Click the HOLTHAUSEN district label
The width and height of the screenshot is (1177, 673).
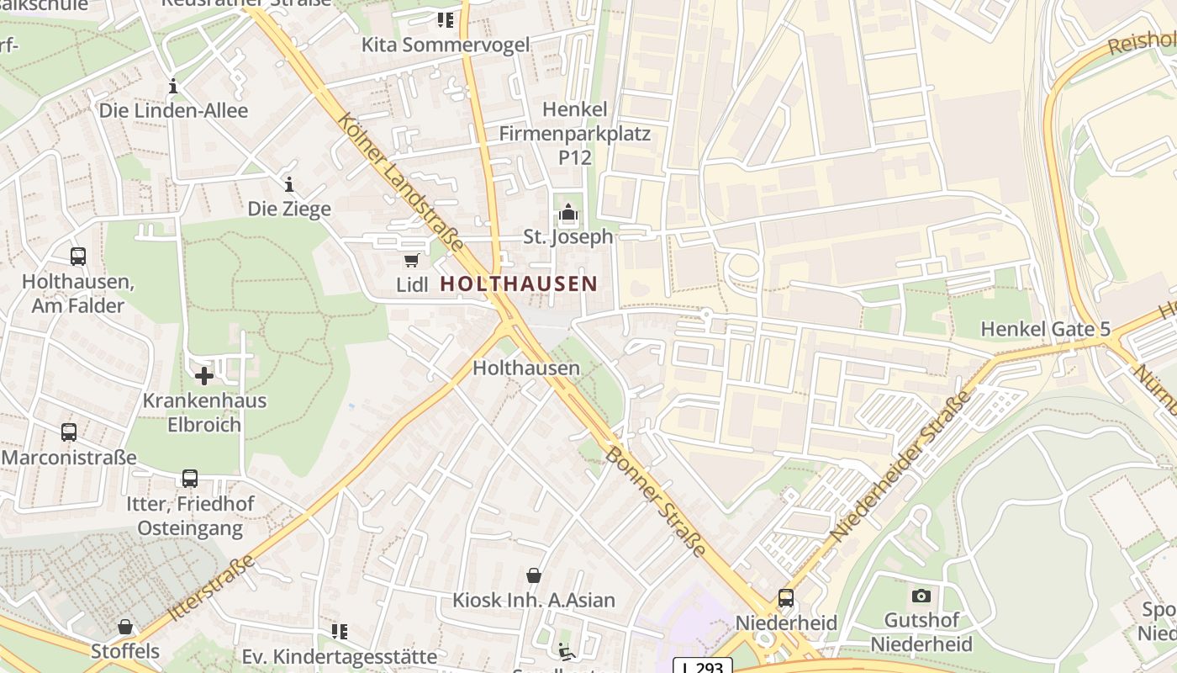pos(519,284)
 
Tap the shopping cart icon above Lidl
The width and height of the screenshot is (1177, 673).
pos(411,260)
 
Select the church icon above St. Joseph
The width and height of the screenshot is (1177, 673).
pos(568,213)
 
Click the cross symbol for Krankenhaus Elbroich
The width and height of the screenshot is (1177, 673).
pos(203,375)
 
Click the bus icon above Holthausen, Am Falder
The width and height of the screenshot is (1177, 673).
pos(77,257)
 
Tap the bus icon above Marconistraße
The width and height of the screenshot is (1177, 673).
pos(69,432)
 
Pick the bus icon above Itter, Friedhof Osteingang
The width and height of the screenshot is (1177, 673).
pos(190,479)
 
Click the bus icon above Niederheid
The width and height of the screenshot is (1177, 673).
pos(786,598)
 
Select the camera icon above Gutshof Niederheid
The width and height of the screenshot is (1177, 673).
pos(921,596)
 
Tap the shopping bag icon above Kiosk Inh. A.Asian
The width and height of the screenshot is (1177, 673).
pos(533,575)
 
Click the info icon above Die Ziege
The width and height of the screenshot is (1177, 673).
pos(289,184)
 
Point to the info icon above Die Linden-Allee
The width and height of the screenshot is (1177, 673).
pos(173,86)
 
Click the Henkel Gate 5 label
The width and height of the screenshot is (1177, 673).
pos(1045,329)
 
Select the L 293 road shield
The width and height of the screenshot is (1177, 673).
pos(703,666)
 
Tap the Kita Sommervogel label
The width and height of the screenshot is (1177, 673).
pos(446,45)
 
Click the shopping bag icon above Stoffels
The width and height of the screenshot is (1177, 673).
pos(125,627)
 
